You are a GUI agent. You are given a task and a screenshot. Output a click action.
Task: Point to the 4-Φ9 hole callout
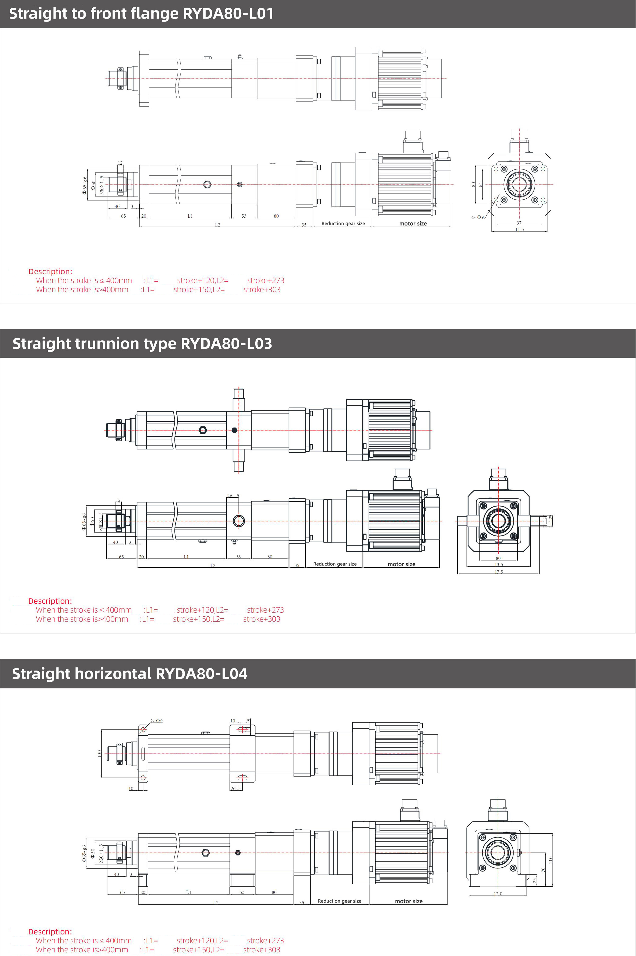477,217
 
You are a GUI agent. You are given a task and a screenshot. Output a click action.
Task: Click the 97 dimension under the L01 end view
519,223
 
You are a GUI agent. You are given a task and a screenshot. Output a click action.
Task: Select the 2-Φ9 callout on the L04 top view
157,721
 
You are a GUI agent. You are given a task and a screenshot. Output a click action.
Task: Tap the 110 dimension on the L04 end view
550,859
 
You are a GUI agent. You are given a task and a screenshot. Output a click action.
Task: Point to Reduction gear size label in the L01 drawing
343,224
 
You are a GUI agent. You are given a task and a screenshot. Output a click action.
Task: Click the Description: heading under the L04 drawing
50,932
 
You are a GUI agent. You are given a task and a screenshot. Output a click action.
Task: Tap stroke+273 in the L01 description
266,280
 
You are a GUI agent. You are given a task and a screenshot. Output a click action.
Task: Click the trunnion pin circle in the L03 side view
239,521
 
